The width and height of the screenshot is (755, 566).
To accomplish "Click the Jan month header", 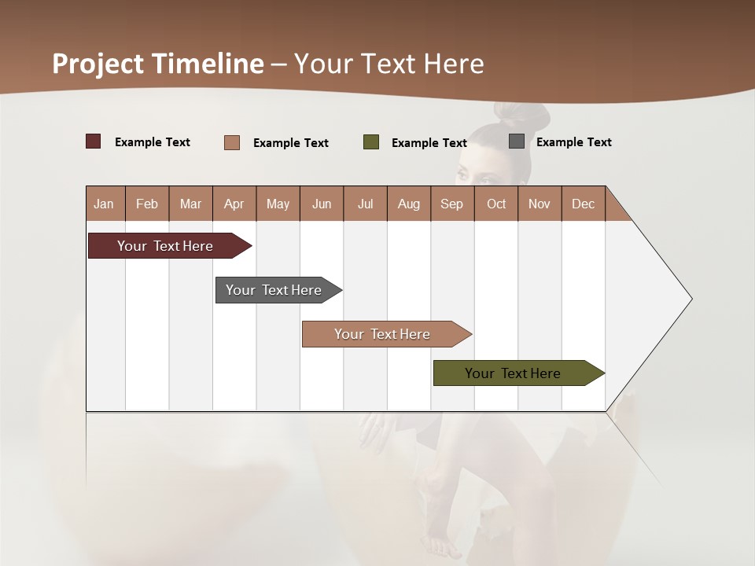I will [x=105, y=204].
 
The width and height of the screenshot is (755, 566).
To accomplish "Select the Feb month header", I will [x=147, y=204].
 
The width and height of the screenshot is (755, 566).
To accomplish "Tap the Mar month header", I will [x=190, y=204].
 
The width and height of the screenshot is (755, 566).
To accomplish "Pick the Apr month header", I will [x=234, y=204].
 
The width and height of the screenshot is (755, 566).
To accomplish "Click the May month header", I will [x=278, y=204].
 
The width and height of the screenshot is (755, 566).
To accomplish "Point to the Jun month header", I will [x=322, y=204].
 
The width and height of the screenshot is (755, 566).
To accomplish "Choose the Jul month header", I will [x=365, y=204].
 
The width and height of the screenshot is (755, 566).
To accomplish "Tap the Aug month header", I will [x=409, y=204].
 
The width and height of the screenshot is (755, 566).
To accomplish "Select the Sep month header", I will [x=452, y=204].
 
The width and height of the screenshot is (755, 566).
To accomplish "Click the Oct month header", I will [x=496, y=204].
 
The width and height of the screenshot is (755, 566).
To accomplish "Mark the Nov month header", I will [x=540, y=204].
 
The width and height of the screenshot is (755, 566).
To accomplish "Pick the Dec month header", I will [x=584, y=204].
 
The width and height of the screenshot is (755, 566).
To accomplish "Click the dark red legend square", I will [x=94, y=141].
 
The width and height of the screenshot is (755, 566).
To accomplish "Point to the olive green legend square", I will [x=371, y=142].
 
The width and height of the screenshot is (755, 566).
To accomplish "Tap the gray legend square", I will [x=517, y=141].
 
